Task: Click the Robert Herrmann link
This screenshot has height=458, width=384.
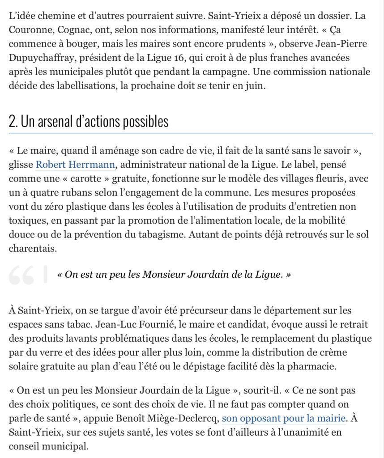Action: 76,165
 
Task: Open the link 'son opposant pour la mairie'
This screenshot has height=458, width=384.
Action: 283,419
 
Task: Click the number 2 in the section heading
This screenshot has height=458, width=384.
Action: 13,122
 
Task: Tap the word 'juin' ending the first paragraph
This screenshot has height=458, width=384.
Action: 255,86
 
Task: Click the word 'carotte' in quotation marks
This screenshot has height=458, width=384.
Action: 98,179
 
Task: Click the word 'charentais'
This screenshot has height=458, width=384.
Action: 33,249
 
